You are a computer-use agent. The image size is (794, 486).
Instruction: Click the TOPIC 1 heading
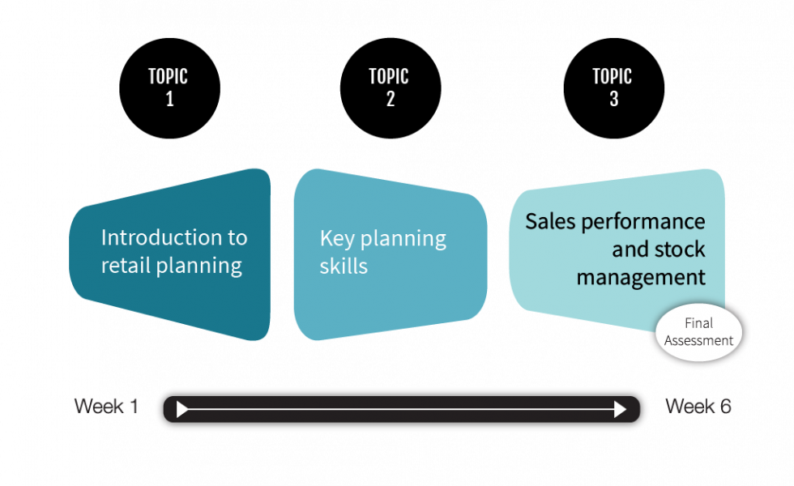coord(168,87)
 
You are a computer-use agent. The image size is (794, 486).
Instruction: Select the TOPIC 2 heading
coord(389,87)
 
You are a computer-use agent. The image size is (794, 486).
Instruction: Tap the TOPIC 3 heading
coord(613,87)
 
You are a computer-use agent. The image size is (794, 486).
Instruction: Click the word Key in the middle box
coord(336,238)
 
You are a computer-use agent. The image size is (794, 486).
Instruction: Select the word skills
coord(344,266)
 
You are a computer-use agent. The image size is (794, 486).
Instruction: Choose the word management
coord(640,277)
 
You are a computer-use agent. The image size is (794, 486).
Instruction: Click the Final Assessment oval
coord(698,332)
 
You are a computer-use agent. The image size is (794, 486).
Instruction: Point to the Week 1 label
coord(105,406)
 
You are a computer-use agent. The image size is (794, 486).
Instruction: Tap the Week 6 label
coord(698,406)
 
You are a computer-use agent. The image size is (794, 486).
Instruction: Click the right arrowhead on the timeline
coord(621,410)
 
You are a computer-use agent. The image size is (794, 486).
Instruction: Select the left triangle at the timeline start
coord(182,410)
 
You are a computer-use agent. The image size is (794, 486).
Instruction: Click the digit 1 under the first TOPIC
coord(169,99)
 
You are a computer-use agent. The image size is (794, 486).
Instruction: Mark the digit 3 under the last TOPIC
coord(613,99)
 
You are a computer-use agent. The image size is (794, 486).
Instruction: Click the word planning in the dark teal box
coord(198,266)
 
